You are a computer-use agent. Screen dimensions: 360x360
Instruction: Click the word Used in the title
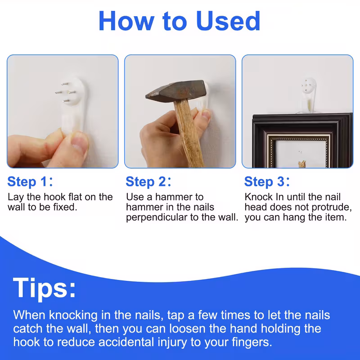pos(228,21)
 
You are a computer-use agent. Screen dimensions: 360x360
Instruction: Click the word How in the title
pos(126,21)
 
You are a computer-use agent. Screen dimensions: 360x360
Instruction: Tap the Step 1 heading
pos(30,182)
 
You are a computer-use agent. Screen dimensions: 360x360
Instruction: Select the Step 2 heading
pos(148,182)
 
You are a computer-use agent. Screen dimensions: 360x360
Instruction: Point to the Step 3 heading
pos(267,182)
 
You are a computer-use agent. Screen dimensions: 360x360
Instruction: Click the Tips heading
pos(44,288)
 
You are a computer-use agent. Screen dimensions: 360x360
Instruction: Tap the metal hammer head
pos(176,91)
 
